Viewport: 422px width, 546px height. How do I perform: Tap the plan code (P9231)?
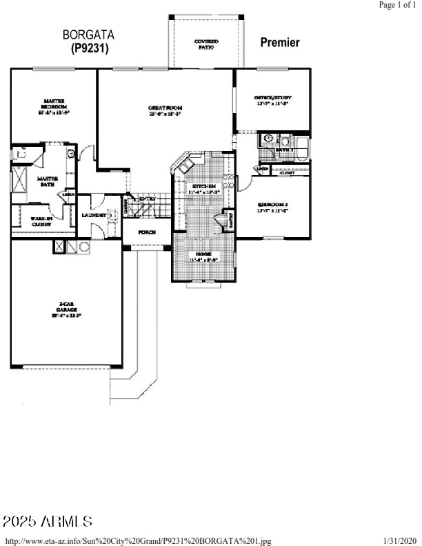click(90, 48)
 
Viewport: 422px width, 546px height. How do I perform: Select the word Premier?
click(279, 43)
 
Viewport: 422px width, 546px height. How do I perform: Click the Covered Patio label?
click(206, 44)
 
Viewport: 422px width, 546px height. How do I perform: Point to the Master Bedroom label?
click(53, 105)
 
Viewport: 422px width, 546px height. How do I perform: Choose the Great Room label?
click(165, 110)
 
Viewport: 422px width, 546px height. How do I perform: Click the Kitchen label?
click(204, 189)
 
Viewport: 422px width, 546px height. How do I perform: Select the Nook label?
click(203, 256)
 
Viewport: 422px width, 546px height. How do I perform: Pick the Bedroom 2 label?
click(272, 206)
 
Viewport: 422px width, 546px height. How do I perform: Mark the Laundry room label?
click(94, 214)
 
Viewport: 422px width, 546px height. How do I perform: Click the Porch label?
click(146, 232)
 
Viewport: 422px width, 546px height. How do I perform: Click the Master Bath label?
click(47, 182)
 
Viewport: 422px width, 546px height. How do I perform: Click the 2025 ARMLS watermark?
click(48, 521)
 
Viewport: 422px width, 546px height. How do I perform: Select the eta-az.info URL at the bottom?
click(139, 541)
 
